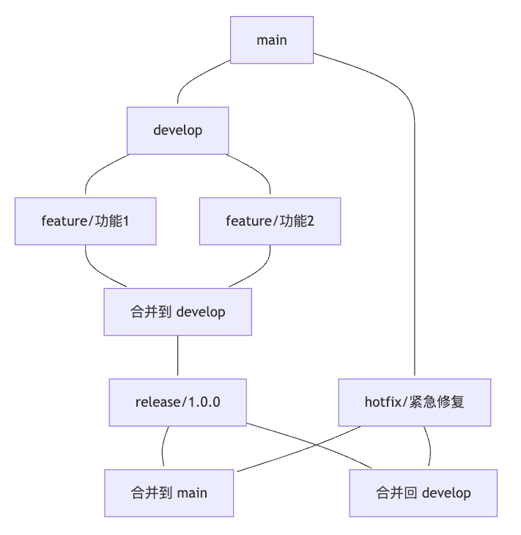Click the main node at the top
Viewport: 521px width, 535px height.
coord(272,40)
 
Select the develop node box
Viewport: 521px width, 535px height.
coord(177,130)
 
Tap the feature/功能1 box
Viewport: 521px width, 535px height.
coord(85,221)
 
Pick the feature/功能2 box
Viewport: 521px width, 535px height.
coord(270,221)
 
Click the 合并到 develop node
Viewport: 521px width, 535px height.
coord(177,311)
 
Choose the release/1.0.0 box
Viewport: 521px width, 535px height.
coord(177,402)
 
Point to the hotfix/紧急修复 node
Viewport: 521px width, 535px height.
coord(414,402)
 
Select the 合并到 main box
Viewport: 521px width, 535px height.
coord(169,492)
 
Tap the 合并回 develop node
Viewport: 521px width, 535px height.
coord(423,492)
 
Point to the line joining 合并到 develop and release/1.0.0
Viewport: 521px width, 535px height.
coord(177,357)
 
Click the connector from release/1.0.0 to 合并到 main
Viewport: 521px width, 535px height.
coord(162,447)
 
